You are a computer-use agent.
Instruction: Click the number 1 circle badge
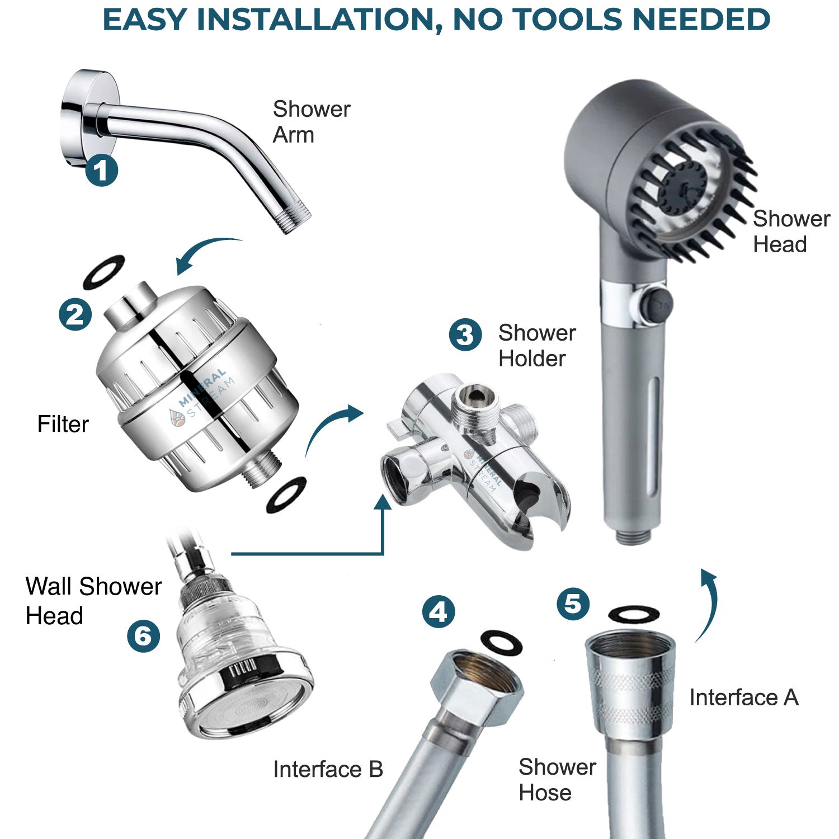(x=101, y=170)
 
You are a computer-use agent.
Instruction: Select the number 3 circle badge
(x=465, y=335)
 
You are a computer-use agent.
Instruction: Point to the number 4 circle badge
(x=438, y=611)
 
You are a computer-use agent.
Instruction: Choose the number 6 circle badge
(x=143, y=636)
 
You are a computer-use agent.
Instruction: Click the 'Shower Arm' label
(x=311, y=122)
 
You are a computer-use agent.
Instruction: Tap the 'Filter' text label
(x=63, y=424)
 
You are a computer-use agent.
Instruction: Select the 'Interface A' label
(x=743, y=697)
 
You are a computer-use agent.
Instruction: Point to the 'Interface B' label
(x=328, y=770)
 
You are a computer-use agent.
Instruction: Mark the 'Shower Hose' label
(x=557, y=780)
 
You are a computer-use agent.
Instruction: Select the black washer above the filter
(x=103, y=272)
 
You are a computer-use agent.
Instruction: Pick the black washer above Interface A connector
(x=634, y=614)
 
